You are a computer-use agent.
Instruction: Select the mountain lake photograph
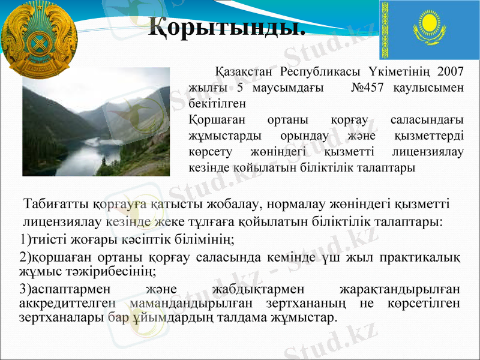tap(96, 122)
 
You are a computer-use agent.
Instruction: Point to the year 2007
tap(451, 71)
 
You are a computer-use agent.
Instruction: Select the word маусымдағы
tap(286, 88)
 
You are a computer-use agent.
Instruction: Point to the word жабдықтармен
tap(254, 290)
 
